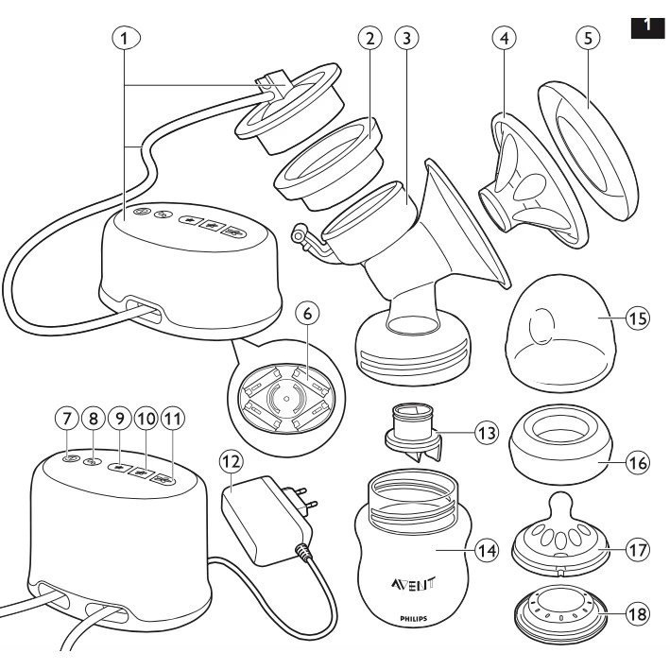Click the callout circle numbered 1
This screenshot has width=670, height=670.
126,39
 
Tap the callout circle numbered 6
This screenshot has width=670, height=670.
308,314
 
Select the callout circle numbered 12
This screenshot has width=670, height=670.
232,461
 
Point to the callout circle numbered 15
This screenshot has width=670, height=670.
638,318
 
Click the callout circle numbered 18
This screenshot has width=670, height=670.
638,614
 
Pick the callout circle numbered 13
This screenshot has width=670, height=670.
487,433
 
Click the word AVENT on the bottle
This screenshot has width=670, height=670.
413,583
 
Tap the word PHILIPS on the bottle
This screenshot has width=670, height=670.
413,618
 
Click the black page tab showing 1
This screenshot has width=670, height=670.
647,26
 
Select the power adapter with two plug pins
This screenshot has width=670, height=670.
268,518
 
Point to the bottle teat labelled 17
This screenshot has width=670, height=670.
560,535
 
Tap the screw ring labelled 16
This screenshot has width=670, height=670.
560,445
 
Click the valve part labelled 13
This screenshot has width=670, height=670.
412,434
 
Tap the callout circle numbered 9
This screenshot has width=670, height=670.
120,419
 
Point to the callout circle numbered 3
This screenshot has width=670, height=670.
406,38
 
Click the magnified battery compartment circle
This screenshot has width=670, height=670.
285,398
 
